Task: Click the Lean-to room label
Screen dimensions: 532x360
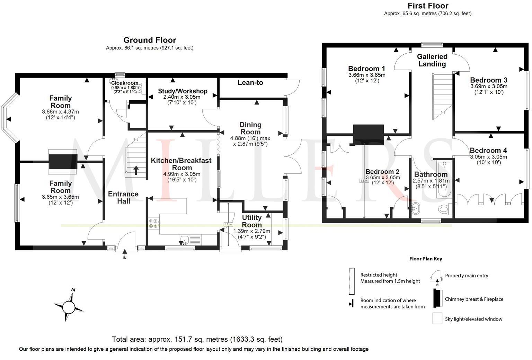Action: tap(250, 83)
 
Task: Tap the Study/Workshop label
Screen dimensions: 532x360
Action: tap(183, 91)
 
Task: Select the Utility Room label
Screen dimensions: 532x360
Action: tap(251, 221)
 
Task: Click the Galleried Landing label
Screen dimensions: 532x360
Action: tap(432, 60)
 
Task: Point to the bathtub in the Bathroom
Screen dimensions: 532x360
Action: tap(442, 179)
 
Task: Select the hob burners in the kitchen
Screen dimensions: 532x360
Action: tap(153, 223)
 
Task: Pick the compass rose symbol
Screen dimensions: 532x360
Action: tap(69, 306)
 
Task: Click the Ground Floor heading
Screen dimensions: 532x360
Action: tap(150, 40)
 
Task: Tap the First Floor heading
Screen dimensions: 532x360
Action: tap(428, 6)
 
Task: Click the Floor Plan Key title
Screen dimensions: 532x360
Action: tap(425, 259)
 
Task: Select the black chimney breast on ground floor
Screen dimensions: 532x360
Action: tap(62, 161)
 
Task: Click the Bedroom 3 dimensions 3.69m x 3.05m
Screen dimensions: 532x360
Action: tap(488, 87)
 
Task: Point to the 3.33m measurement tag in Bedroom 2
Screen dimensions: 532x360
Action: tap(364, 180)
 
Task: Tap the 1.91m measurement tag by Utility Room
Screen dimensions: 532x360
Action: tap(228, 224)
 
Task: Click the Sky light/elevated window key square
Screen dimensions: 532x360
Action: tap(437, 318)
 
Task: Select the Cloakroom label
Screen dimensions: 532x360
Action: tap(125, 83)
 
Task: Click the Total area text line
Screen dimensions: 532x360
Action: tap(197, 339)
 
